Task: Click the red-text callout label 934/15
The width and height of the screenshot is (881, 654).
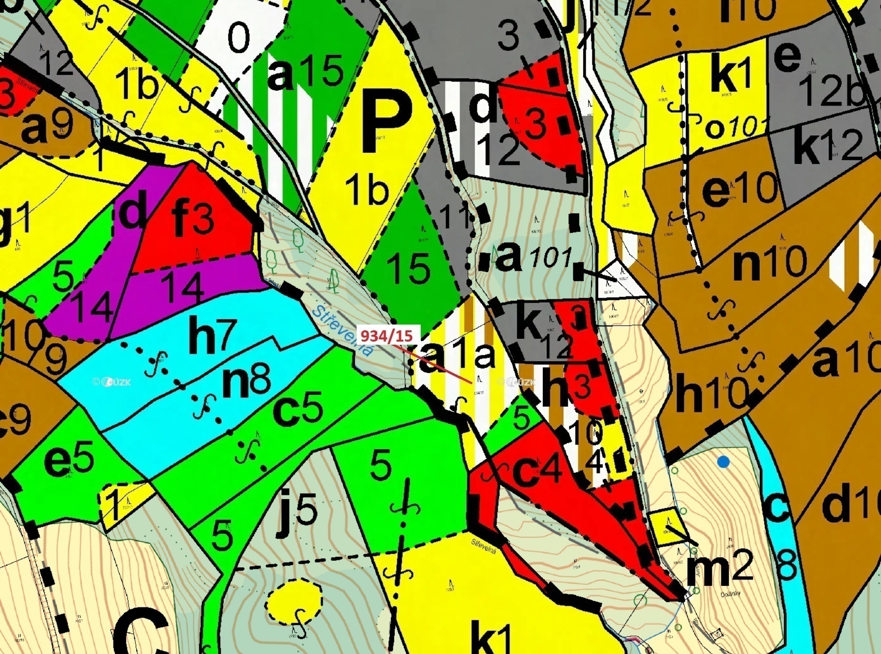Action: (x=387, y=335)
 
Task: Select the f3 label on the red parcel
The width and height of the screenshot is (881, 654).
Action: (x=193, y=220)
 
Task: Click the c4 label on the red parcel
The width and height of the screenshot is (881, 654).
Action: (x=536, y=470)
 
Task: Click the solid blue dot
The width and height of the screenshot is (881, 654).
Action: (x=723, y=462)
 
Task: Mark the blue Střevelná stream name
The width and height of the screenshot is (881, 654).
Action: (x=343, y=330)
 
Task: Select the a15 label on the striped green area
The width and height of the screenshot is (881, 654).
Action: (x=305, y=72)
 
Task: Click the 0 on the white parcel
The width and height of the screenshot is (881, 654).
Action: (x=239, y=38)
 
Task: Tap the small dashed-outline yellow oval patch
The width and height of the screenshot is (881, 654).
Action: (x=294, y=601)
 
